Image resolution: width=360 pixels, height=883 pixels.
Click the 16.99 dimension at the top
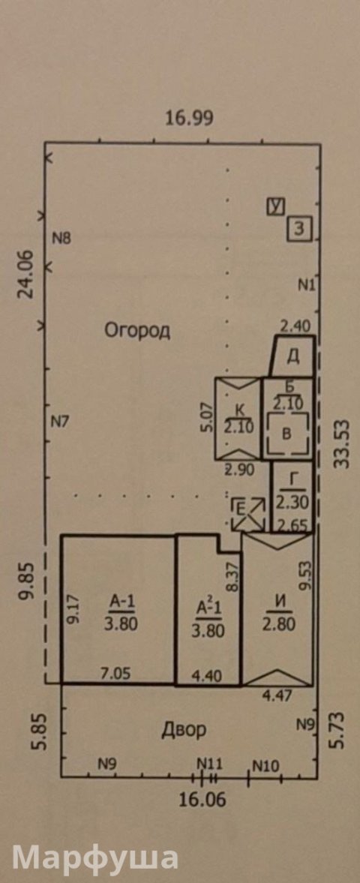tap(189, 119)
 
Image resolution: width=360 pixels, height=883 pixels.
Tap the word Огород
tap(137, 331)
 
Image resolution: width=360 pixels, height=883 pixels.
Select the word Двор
tap(184, 731)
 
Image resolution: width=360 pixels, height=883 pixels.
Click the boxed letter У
tap(275, 206)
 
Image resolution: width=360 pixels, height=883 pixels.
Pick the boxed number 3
tap(299, 230)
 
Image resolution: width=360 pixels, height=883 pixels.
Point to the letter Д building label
tap(292, 357)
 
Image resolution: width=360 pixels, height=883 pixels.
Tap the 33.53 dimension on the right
tap(341, 445)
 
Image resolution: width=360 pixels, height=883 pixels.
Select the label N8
tap(61, 238)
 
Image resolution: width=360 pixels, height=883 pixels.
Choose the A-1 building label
tap(121, 603)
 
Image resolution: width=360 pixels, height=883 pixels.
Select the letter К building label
tap(239, 410)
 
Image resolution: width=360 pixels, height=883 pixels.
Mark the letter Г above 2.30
tap(293, 479)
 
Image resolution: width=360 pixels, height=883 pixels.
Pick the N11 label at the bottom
tap(210, 764)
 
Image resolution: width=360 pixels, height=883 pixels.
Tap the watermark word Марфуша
tap(95, 859)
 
